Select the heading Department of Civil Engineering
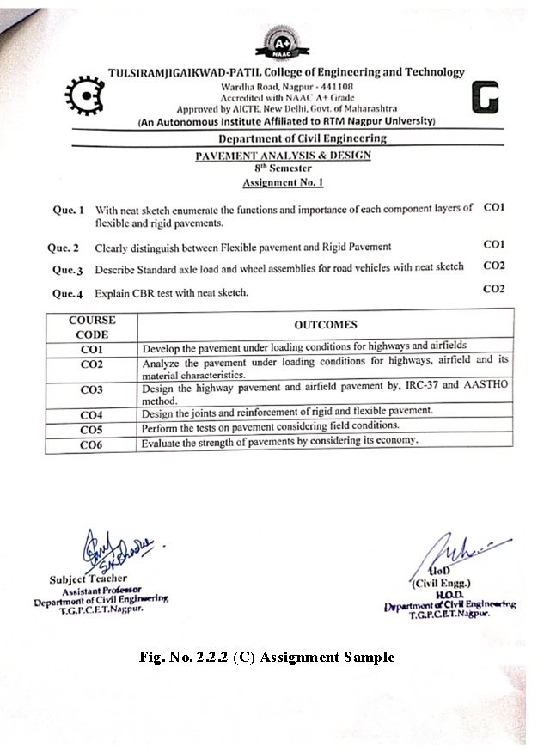302,138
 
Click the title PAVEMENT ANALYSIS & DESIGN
283,156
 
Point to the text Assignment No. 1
283,183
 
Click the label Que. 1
69,210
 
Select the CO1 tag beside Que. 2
493,245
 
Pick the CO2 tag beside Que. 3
493,266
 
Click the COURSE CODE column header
92,327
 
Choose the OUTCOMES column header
325,325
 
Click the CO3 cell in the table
92,390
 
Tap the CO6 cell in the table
92,444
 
